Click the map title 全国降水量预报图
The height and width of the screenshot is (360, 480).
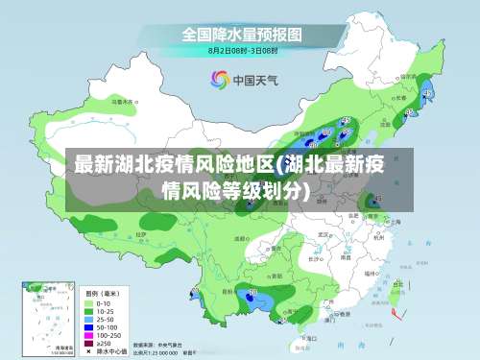click(242, 34)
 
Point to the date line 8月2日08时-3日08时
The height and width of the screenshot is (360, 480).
click(242, 49)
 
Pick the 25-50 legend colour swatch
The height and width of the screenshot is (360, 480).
click(90, 320)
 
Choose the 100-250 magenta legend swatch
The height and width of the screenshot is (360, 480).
click(90, 335)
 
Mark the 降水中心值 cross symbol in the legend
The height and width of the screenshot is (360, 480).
click(90, 350)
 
